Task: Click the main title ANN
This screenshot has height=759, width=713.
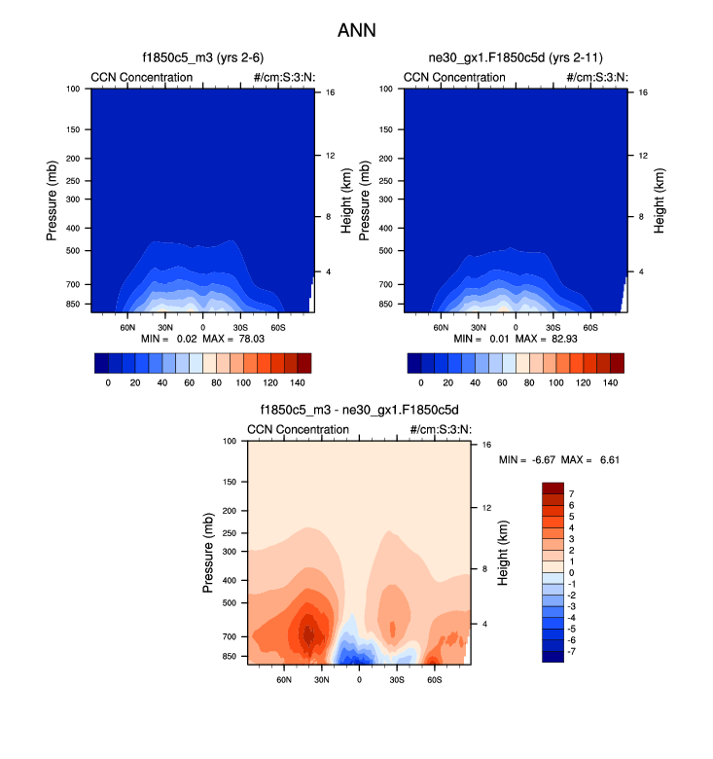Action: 356,30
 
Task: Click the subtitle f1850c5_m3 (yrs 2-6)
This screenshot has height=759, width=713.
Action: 200,58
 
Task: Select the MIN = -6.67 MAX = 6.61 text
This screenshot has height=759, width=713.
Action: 559,458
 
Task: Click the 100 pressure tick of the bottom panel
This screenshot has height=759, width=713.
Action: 232,442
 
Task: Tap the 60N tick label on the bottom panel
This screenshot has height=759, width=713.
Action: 284,678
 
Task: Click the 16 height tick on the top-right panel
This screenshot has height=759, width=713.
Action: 643,92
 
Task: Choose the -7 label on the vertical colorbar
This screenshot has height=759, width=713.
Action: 571,651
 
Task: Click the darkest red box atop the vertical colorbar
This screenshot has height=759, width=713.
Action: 552,488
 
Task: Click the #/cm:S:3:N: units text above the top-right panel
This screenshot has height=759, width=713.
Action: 597,77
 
